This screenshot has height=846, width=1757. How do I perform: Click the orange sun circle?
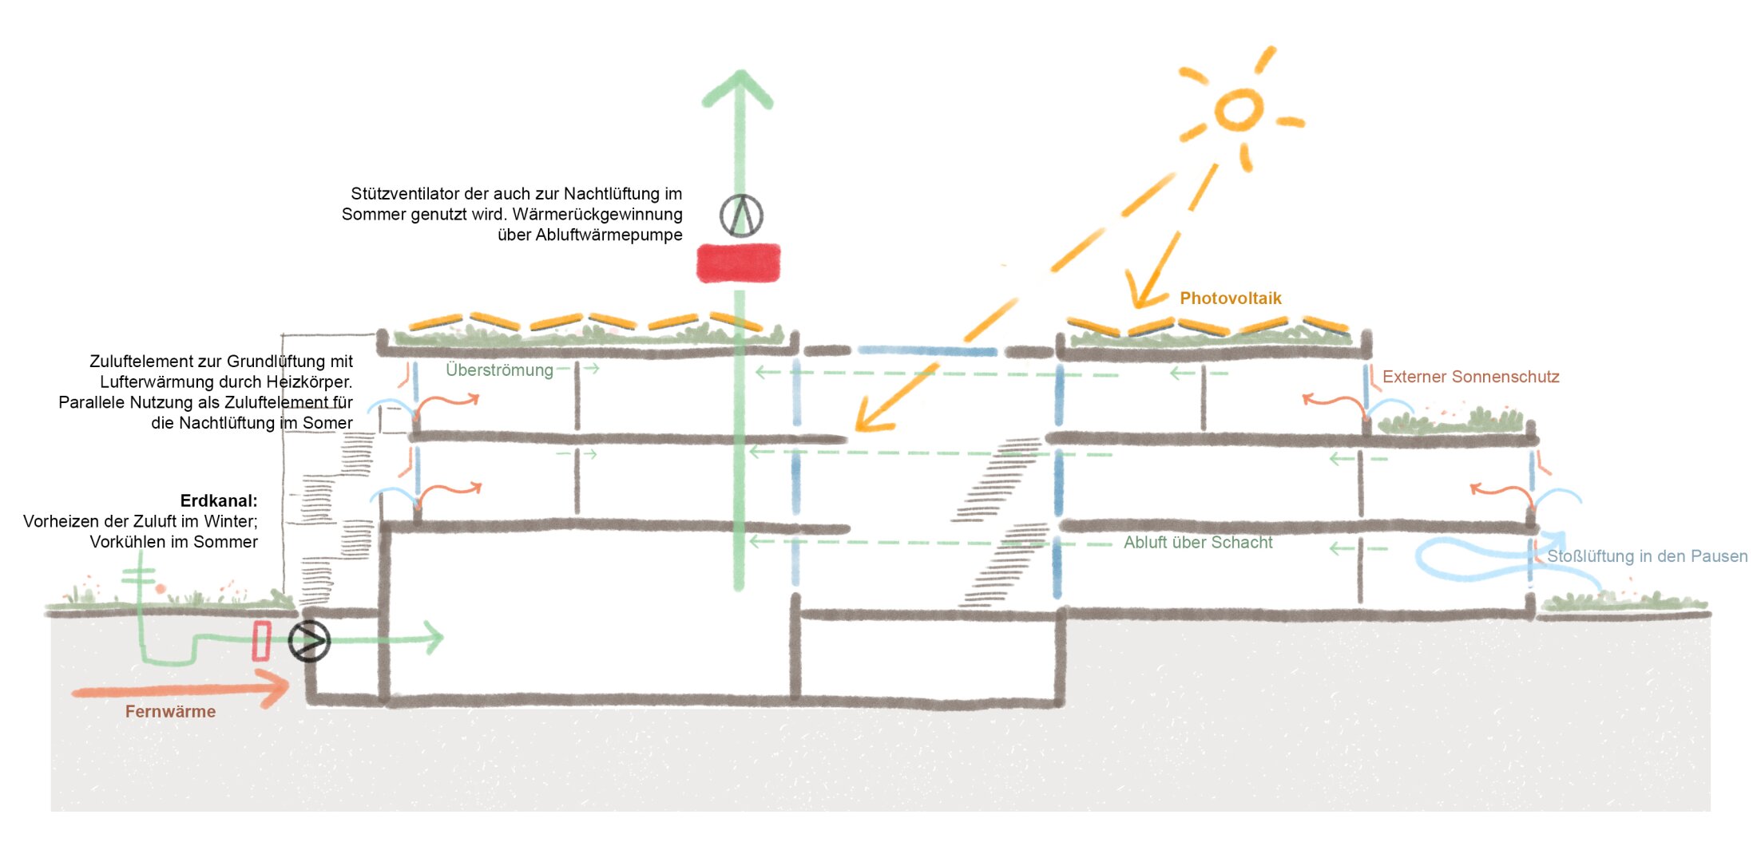pyautogui.click(x=1239, y=109)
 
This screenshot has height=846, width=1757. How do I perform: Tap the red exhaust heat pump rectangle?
pyautogui.click(x=739, y=263)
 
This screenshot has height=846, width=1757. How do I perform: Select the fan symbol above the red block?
pyautogui.click(x=741, y=214)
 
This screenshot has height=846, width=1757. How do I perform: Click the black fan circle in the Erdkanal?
pyautogui.click(x=309, y=640)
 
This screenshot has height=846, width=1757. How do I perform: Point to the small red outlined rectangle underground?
pyautogui.click(x=261, y=641)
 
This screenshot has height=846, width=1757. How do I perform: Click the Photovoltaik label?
pyautogui.click(x=1230, y=298)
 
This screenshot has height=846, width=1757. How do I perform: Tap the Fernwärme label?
pyautogui.click(x=170, y=711)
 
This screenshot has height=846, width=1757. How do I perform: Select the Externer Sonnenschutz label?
pyautogui.click(x=1470, y=377)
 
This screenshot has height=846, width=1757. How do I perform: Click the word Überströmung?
pyautogui.click(x=499, y=370)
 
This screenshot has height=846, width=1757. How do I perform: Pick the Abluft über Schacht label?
pyautogui.click(x=1198, y=543)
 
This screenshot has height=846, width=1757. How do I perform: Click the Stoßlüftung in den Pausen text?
pyautogui.click(x=1647, y=556)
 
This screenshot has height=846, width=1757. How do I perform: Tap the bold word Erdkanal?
pyautogui.click(x=219, y=501)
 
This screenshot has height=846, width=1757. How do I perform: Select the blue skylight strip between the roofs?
pyautogui.click(x=927, y=351)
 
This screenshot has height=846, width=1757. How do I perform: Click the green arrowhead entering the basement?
pyautogui.click(x=434, y=638)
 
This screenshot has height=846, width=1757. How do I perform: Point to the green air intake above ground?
pyautogui.click(x=139, y=576)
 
